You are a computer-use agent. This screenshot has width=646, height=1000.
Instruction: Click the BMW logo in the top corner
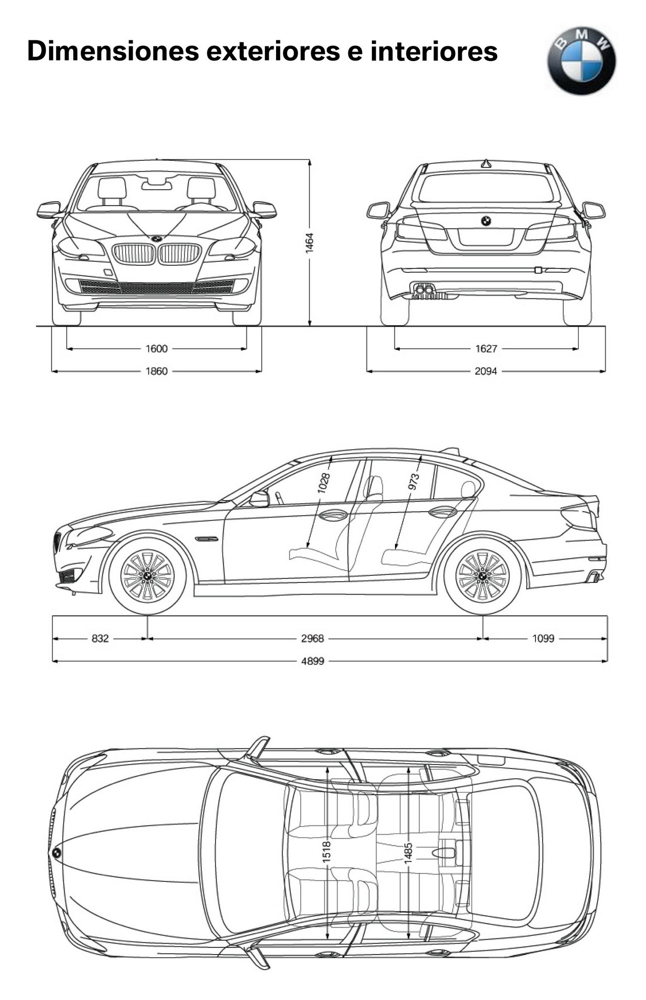pos(581,61)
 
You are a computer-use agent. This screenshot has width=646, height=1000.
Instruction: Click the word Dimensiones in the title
pos(113,51)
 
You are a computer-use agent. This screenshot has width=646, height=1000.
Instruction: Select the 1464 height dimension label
pos(310,243)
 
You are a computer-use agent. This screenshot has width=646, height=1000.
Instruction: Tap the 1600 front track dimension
pos(156,348)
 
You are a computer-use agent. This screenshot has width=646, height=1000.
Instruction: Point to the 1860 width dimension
pos(156,371)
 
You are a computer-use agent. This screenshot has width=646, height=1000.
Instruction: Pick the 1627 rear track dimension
pos(486,348)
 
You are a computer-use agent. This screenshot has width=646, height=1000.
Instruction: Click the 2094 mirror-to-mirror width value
pos(486,371)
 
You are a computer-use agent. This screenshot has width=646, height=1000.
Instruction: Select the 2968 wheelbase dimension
pos(312,638)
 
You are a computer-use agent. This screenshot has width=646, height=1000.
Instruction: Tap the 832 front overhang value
pos(100,638)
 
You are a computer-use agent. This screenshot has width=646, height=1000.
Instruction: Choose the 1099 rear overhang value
pos(544,638)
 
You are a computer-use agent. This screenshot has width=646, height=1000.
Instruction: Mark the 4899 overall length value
pos(312,661)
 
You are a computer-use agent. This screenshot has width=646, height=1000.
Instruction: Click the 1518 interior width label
pos(327,851)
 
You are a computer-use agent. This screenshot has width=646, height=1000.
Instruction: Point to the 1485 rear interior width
pos(408,853)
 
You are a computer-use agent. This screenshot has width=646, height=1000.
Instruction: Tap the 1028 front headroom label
pos(324,483)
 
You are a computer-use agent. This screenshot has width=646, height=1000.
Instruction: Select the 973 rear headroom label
pos(414,482)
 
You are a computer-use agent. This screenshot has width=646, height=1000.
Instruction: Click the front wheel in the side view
pos(147,575)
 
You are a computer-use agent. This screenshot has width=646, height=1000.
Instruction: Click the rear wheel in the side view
pos(482,575)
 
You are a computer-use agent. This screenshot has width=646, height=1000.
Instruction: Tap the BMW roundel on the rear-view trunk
pos(486,221)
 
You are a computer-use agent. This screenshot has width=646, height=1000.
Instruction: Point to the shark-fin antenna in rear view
pos(486,163)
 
